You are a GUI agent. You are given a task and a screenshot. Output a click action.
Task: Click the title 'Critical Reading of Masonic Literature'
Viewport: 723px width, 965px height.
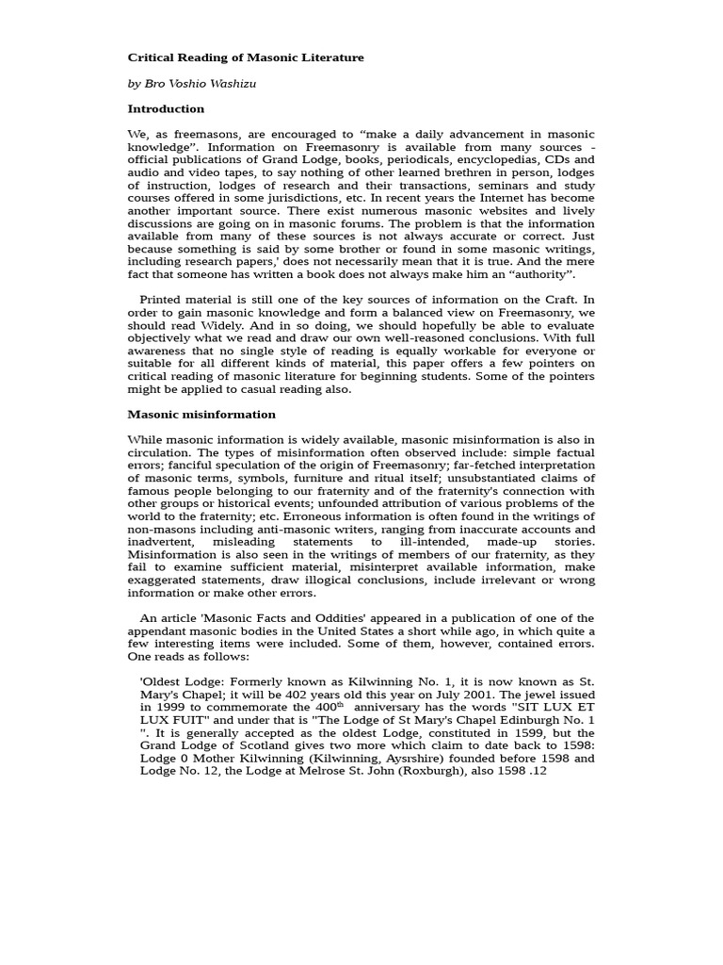coord(246,57)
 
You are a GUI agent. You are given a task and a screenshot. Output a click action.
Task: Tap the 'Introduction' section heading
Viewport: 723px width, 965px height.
coord(166,108)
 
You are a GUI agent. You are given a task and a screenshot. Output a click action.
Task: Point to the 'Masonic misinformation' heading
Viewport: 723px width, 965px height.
coord(201,414)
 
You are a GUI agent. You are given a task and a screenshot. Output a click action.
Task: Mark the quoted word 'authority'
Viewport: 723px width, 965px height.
coord(540,273)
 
